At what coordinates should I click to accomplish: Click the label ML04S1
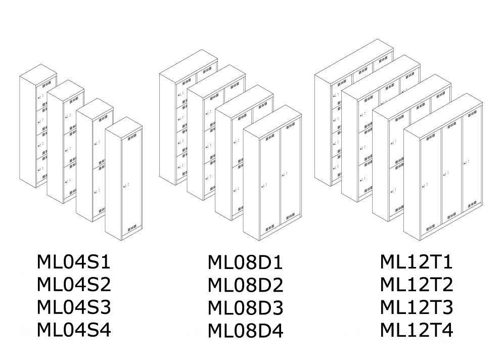pyautogui.click(x=73, y=262)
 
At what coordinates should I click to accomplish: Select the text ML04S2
pyautogui.click(x=73, y=285)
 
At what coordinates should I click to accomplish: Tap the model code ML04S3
pyautogui.click(x=73, y=307)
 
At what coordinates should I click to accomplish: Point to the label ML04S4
pyautogui.click(x=73, y=329)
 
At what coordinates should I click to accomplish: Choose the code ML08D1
pyautogui.click(x=245, y=263)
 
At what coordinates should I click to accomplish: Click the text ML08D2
pyautogui.click(x=245, y=286)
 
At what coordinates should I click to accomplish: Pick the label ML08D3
pyautogui.click(x=245, y=308)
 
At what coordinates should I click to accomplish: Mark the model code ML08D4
pyautogui.click(x=245, y=331)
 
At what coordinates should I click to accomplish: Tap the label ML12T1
pyautogui.click(x=417, y=262)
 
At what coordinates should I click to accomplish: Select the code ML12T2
pyautogui.click(x=417, y=285)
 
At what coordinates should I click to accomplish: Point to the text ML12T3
pyautogui.click(x=417, y=307)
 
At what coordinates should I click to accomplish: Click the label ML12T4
pyautogui.click(x=417, y=330)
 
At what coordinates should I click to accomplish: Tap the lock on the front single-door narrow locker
pyautogui.click(x=125, y=188)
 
